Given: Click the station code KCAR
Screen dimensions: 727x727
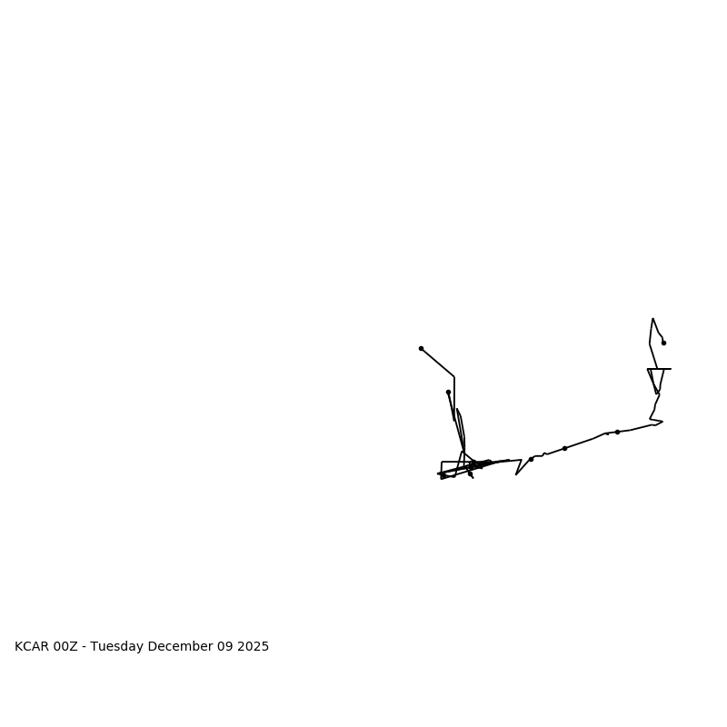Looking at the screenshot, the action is pyautogui.click(x=32, y=647).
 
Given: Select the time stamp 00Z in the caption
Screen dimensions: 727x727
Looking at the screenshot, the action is pyautogui.click(x=66, y=647).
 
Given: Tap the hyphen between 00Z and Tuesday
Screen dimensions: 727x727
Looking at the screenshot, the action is pyautogui.click(x=84, y=647).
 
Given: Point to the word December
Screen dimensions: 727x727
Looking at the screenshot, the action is pyautogui.click(x=178, y=647).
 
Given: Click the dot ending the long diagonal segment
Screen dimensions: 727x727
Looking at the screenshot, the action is pyautogui.click(x=421, y=348).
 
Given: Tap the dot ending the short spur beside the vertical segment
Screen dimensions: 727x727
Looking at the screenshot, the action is pyautogui.click(x=448, y=392).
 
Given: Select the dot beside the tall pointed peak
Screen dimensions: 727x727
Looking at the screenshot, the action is pyautogui.click(x=663, y=343).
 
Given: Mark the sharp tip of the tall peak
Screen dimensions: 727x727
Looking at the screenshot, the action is pyautogui.click(x=652, y=319).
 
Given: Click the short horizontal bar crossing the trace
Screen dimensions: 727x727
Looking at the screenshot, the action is pyautogui.click(x=659, y=369).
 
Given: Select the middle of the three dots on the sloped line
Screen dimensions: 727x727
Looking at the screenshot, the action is pyautogui.click(x=564, y=448).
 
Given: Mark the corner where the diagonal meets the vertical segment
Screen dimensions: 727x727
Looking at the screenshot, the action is pyautogui.click(x=454, y=377).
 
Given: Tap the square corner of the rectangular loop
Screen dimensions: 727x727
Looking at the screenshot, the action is pyautogui.click(x=442, y=463).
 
